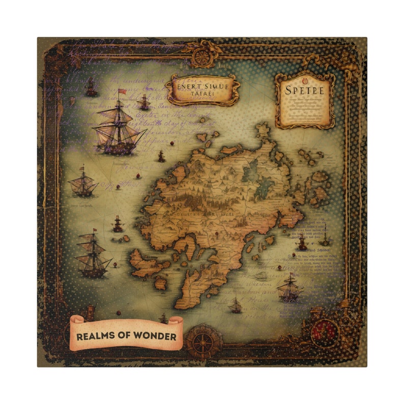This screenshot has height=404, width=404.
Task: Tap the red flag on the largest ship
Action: pyautogui.click(x=122, y=92)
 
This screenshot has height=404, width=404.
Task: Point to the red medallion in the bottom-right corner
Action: pyautogui.click(x=326, y=332)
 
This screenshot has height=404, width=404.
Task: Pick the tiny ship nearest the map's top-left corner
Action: pyautogui.click(x=91, y=88)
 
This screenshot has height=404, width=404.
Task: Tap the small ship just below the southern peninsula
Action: pyautogui.click(x=235, y=305)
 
